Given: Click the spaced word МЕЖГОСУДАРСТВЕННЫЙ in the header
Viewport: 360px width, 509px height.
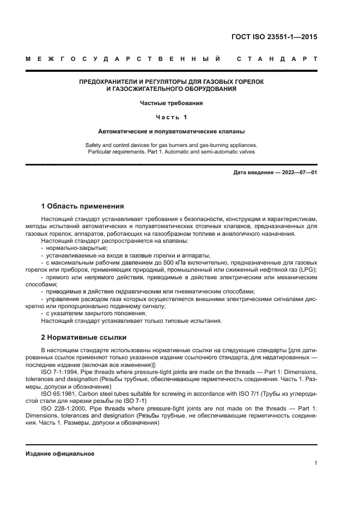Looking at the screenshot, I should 123,58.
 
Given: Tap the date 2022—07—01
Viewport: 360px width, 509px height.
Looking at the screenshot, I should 298,173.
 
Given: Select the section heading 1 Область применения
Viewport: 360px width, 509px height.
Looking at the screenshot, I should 82,206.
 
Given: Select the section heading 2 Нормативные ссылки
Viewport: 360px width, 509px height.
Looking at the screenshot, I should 83,337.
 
